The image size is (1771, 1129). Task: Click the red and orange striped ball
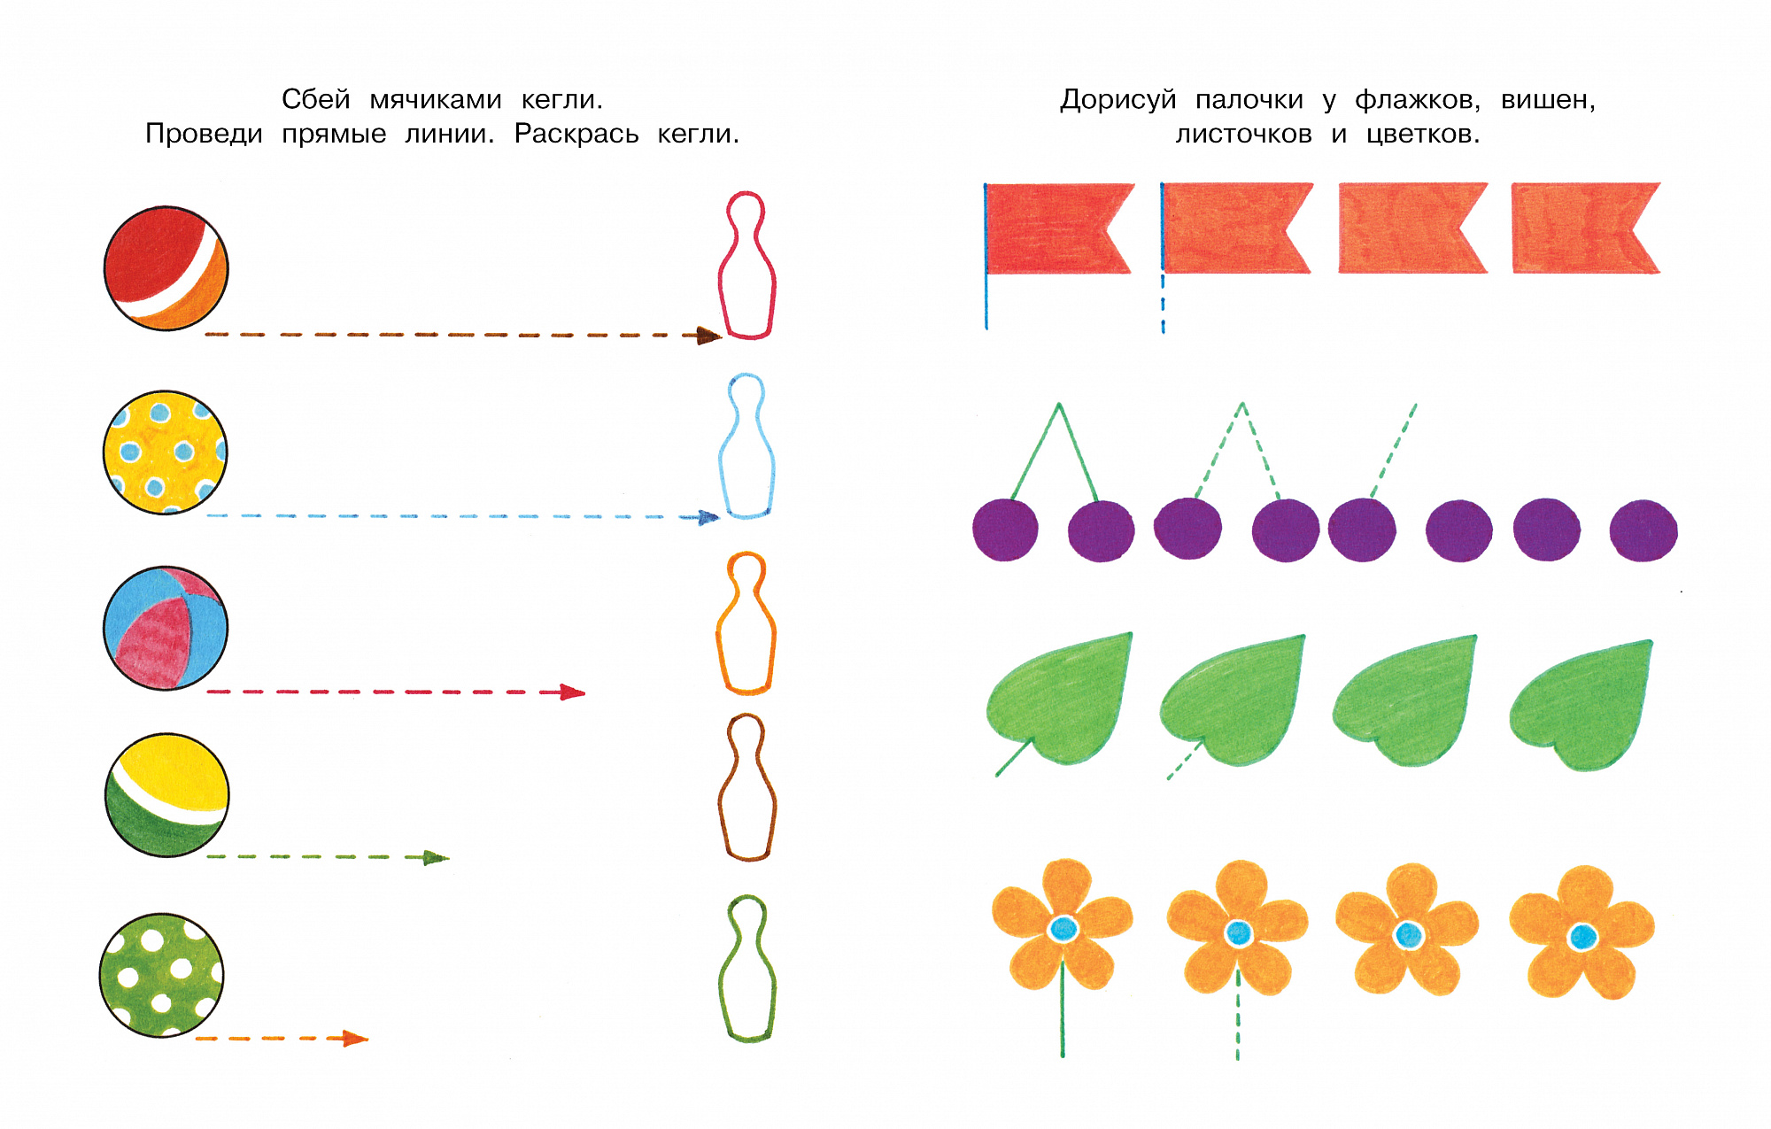pyautogui.click(x=166, y=268)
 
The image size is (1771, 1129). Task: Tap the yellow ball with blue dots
pyautogui.click(x=166, y=452)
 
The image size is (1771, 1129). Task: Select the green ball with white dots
pyautogui.click(x=161, y=975)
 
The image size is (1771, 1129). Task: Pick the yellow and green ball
pyautogui.click(x=167, y=794)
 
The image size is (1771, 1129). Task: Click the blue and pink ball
pyautogui.click(x=166, y=628)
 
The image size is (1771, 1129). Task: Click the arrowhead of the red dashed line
pyautogui.click(x=572, y=692)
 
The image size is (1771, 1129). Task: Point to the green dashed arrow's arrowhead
pyautogui.click(x=436, y=857)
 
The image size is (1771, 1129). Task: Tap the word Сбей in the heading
pyautogui.click(x=316, y=99)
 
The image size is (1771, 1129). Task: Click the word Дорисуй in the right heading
pyautogui.click(x=1118, y=100)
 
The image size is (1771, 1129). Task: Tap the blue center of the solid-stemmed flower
pyautogui.click(x=1063, y=929)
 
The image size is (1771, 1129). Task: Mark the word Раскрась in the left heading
pyautogui.click(x=576, y=135)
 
